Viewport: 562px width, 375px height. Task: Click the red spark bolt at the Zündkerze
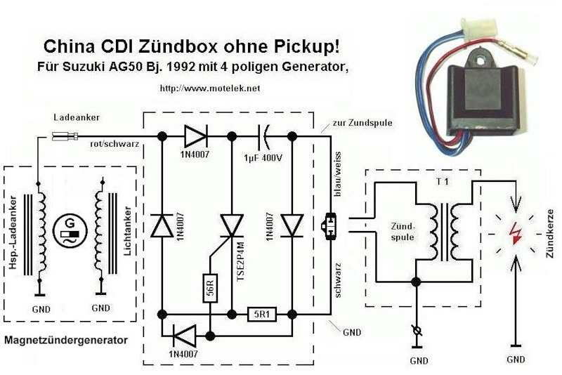516,233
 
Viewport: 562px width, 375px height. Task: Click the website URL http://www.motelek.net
210,88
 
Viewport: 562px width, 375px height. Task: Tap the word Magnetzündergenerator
66,341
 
